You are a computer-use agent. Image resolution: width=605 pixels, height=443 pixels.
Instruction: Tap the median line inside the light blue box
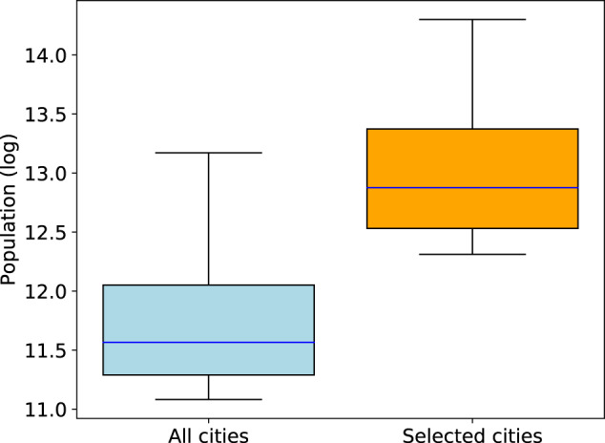[x=208, y=342]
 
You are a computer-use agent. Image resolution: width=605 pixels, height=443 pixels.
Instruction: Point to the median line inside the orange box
[x=472, y=188]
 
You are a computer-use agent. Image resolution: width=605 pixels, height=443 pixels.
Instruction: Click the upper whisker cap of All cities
[x=208, y=153]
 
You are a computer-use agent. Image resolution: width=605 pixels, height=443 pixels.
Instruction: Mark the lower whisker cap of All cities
[x=208, y=399]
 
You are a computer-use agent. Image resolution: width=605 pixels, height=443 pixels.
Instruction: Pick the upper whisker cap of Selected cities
[x=472, y=19]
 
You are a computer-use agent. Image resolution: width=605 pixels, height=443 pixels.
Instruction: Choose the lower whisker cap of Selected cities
[x=472, y=254]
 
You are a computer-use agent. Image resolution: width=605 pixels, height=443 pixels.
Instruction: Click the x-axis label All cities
[x=208, y=435]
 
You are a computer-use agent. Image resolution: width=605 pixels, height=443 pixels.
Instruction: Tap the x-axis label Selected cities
[x=472, y=435]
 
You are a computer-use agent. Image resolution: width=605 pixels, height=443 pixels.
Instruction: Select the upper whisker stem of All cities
[x=208, y=219]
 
